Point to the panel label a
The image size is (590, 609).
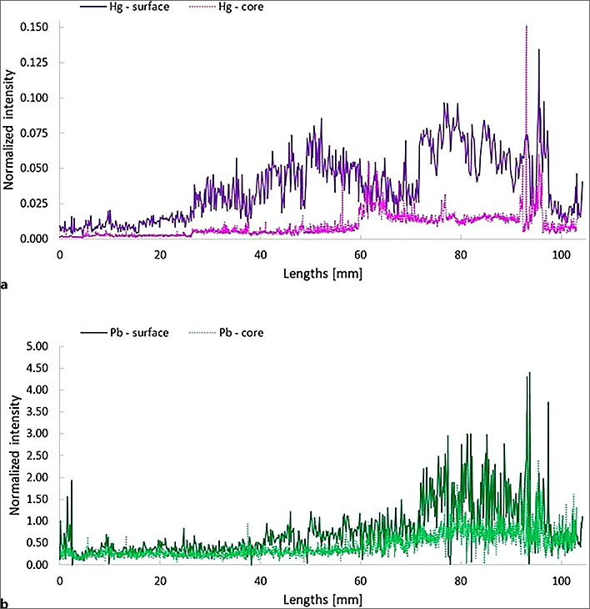click(6, 284)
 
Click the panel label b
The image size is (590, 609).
click(6, 602)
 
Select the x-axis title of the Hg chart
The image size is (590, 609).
click(322, 271)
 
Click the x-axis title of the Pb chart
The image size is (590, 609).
click(322, 597)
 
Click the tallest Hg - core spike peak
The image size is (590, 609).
click(527, 27)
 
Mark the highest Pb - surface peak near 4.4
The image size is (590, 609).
click(528, 374)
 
